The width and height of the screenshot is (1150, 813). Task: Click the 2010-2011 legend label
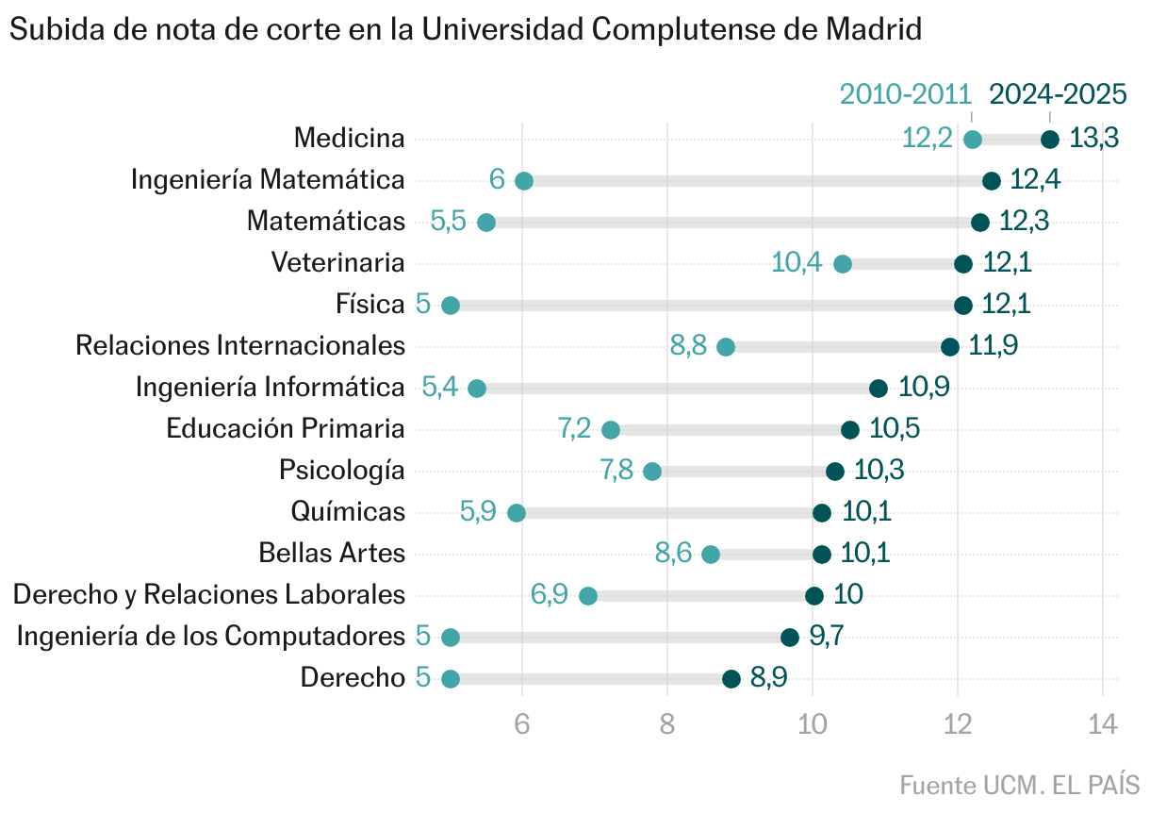click(x=905, y=94)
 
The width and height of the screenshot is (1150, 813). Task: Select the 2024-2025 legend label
click(x=1058, y=94)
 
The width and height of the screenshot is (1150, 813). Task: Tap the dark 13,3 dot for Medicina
click(x=1050, y=140)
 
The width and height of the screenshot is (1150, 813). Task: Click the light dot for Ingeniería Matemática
click(x=524, y=181)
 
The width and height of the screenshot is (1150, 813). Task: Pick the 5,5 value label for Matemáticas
click(x=449, y=223)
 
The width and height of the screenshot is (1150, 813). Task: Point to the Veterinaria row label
click(x=337, y=263)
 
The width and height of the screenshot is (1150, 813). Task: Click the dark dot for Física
click(x=963, y=306)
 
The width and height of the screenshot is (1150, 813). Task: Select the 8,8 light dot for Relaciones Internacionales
click(x=726, y=347)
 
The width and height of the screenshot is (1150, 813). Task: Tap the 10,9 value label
click(x=924, y=389)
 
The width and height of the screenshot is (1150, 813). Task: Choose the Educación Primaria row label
click(x=286, y=429)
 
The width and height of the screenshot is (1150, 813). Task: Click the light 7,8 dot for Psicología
click(x=652, y=472)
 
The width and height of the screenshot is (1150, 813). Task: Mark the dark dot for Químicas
click(x=822, y=513)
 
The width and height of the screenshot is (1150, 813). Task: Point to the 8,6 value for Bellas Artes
click(x=674, y=555)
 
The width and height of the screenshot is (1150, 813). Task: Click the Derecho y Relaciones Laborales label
click(x=209, y=595)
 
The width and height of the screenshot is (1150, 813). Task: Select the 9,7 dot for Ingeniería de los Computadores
click(x=790, y=638)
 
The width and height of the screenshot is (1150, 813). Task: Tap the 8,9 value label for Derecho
click(x=768, y=679)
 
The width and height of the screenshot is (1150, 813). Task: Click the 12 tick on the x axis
click(x=958, y=724)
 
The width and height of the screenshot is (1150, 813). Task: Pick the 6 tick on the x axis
click(x=522, y=724)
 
